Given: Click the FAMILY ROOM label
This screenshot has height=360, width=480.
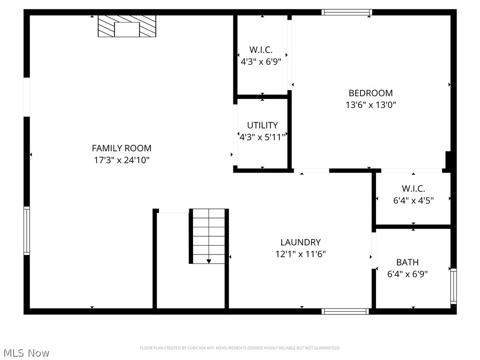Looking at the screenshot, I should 121,148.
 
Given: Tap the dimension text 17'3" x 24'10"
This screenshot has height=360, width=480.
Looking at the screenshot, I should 121,160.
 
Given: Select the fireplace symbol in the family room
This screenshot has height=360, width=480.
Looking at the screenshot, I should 127,26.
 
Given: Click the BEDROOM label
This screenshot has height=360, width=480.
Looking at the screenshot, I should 370,93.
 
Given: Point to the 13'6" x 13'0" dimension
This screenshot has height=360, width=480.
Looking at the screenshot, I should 370,105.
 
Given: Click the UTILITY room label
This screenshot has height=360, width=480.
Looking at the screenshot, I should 262,125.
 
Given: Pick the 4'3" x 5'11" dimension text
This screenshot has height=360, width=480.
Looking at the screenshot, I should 262,137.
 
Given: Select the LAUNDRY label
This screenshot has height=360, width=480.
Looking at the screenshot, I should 300,242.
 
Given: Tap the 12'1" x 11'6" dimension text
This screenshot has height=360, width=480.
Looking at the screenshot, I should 300,254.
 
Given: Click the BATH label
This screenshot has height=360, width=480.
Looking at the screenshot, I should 407,262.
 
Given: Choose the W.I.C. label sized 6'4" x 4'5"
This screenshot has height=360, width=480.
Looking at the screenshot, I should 413,188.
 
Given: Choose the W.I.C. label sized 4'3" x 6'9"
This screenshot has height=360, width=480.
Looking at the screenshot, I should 261,49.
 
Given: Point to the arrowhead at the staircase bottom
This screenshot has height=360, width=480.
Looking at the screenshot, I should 209,261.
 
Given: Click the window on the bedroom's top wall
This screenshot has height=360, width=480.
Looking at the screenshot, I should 347,12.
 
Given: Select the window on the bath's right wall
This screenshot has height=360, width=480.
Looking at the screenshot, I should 453,286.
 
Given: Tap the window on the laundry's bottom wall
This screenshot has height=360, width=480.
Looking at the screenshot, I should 345,311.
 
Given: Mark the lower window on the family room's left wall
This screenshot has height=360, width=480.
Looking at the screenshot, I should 27,231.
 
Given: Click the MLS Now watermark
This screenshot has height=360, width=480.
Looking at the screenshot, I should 26,352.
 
